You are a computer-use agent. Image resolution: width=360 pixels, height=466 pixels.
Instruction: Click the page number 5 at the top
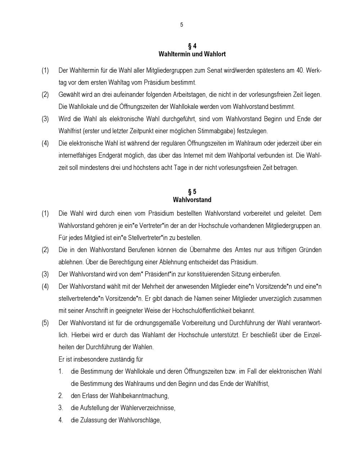pyautogui.click(x=181, y=25)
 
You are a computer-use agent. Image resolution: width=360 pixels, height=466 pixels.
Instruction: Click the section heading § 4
pyautogui.click(x=192, y=46)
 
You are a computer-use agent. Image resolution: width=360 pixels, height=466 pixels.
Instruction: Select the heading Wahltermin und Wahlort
pyautogui.click(x=192, y=54)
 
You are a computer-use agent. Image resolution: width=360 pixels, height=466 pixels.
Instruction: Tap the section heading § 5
pyautogui.click(x=192, y=192)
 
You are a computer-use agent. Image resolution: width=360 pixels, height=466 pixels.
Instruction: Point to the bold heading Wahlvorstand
pyautogui.click(x=192, y=200)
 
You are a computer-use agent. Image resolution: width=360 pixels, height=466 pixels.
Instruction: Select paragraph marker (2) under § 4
pyautogui.click(x=45, y=95)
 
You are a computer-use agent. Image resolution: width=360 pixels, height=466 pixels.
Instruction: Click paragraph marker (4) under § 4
pyautogui.click(x=45, y=143)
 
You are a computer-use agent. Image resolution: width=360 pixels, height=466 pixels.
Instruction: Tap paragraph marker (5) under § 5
pyautogui.click(x=45, y=323)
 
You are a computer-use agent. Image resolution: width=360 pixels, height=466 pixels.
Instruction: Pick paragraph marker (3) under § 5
pyautogui.click(x=45, y=274)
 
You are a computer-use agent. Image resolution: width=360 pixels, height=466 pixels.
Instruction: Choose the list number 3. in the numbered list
pyautogui.click(x=61, y=408)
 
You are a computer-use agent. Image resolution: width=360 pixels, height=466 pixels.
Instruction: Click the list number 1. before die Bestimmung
pyautogui.click(x=61, y=371)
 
